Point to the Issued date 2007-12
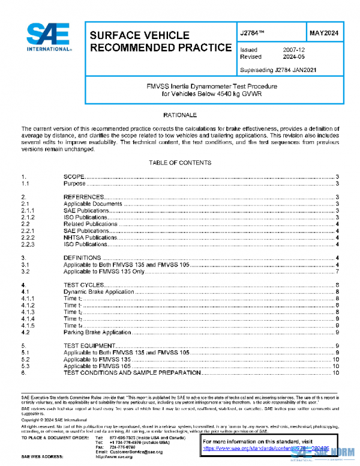point(294,49)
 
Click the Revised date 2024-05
point(294,56)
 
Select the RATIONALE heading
point(179,114)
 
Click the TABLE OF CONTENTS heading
point(179,163)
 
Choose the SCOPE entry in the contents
point(73,177)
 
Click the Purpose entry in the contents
point(75,184)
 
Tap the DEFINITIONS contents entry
point(82,258)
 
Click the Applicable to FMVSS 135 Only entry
point(104,272)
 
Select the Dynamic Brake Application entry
point(99,292)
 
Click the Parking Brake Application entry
point(97,332)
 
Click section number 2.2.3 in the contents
point(28,244)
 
